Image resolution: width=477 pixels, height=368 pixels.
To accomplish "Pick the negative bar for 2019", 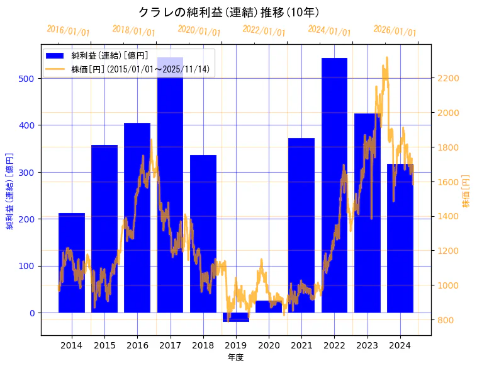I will pos(235,317).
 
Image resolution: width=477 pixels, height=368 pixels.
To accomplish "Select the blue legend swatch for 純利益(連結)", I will pos(55,55).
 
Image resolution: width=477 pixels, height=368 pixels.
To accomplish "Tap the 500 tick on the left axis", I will pos(29,79).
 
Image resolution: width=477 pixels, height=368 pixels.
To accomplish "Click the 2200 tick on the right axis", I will pos(449,79).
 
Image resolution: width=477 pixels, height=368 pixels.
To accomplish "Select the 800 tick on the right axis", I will pos(446,320).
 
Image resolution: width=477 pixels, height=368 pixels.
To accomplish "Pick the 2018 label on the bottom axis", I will pos(203,345).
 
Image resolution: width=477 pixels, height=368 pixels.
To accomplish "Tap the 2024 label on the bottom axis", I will pos(400,345).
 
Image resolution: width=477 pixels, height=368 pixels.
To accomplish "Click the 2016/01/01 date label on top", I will pos(69,31).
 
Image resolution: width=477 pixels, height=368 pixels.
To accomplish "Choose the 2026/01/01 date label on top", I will pos(395,31).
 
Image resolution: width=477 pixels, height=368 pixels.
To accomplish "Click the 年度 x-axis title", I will pos(235,357).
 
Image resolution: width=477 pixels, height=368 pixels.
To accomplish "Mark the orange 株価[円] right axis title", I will pos(466,191).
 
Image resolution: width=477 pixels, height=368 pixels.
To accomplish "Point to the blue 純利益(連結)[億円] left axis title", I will pos(10,190).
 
